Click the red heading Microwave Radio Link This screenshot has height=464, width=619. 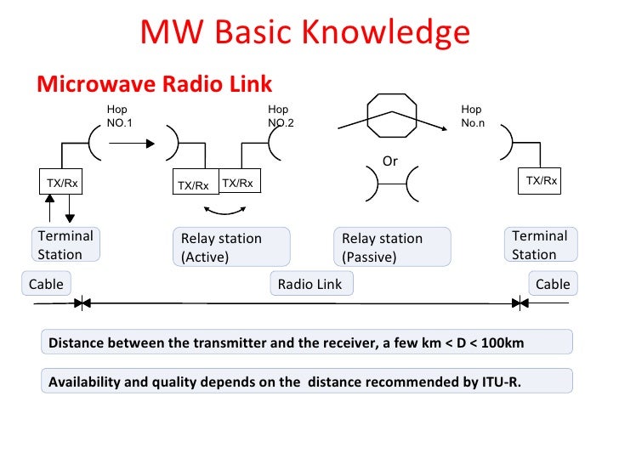pos(154,84)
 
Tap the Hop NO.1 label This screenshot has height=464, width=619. pos(119,116)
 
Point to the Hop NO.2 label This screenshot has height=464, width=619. pos(280,116)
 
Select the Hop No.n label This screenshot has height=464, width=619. pos(472,116)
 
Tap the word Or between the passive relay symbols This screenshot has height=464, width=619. pos(390,161)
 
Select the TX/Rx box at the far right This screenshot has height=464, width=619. pos(541,181)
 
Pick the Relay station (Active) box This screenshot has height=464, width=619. pos(230,247)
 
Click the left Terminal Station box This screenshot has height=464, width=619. pos(65,245)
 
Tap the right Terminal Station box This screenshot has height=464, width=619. pos(540,245)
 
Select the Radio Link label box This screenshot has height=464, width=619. pos(310,285)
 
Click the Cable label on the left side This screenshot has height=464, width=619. pos(46,284)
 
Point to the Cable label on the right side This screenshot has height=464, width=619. pos(553,284)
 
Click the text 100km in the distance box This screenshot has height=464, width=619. pos(503,343)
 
